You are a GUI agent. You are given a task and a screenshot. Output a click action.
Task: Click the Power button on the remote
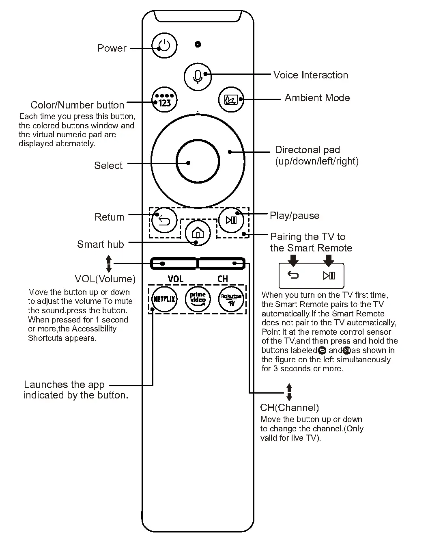(164, 45)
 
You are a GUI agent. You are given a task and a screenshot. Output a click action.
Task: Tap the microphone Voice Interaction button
(198, 76)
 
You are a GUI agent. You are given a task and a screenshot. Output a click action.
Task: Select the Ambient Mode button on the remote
(231, 99)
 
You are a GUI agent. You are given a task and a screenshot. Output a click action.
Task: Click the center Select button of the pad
(198, 161)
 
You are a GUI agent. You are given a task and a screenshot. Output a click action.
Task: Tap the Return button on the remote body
(164, 221)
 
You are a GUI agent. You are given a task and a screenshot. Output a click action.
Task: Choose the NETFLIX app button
(164, 299)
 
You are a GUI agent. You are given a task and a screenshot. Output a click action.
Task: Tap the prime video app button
(198, 299)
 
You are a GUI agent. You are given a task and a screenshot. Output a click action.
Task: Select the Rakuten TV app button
(231, 299)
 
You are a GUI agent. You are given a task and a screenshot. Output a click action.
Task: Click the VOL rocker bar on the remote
(174, 264)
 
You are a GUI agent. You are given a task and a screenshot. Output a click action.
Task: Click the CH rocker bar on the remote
(222, 264)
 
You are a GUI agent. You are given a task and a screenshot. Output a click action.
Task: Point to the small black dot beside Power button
(198, 44)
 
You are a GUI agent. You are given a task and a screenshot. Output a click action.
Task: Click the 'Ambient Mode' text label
(317, 98)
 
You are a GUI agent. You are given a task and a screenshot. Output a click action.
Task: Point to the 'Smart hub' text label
(100, 245)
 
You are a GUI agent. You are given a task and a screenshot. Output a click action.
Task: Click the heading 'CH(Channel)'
(289, 408)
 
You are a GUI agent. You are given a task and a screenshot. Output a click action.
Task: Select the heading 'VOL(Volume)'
(105, 279)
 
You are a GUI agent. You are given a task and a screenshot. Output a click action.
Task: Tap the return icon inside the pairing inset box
(293, 275)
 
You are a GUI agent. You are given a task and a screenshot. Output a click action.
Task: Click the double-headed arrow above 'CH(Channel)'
(289, 392)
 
